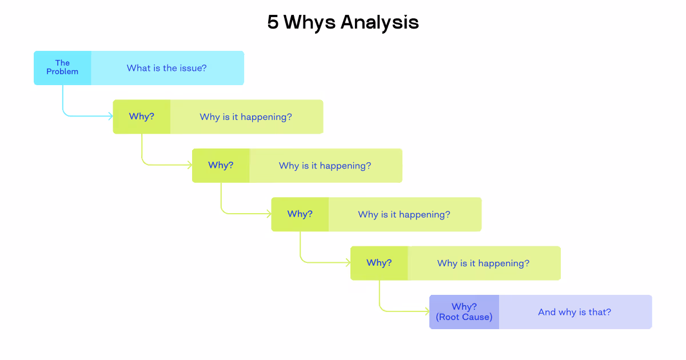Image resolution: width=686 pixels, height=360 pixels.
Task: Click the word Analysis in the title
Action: pyautogui.click(x=380, y=23)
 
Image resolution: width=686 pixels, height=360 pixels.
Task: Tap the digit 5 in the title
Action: pyautogui.click(x=273, y=23)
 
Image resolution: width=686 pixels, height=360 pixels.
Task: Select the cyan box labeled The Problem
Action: pyautogui.click(x=62, y=67)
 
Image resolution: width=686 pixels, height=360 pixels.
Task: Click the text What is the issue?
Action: pyautogui.click(x=167, y=68)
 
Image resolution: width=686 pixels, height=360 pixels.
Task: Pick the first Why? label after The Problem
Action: pyautogui.click(x=142, y=117)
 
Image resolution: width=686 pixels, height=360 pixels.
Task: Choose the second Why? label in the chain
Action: pyautogui.click(x=221, y=165)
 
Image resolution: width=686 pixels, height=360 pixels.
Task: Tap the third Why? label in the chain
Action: pyautogui.click(x=300, y=214)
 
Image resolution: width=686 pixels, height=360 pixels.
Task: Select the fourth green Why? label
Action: pyautogui.click(x=379, y=263)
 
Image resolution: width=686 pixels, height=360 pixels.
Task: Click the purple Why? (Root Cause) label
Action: pyautogui.click(x=464, y=312)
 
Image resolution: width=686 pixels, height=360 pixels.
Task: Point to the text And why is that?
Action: pyautogui.click(x=575, y=312)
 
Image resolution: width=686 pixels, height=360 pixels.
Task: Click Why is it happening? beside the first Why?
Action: pyautogui.click(x=246, y=117)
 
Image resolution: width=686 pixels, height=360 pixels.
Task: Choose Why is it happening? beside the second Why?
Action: pyautogui.click(x=325, y=166)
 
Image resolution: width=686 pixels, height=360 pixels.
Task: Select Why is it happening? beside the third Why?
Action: pyautogui.click(x=404, y=214)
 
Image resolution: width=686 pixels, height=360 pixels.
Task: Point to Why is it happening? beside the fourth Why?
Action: pyautogui.click(x=483, y=263)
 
